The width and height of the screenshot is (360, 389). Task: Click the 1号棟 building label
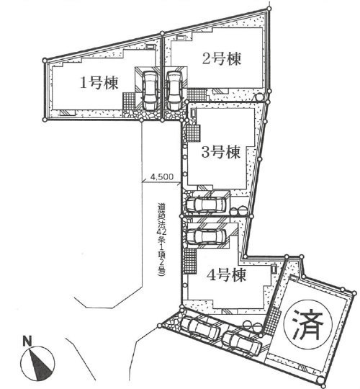[99, 83]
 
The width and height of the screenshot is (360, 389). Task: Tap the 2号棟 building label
[222, 58]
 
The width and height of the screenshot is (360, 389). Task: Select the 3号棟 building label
[221, 152]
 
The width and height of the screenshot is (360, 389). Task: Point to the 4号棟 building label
[227, 275]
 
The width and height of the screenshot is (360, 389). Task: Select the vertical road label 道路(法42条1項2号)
[162, 240]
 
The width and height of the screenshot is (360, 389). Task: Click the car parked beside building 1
[150, 91]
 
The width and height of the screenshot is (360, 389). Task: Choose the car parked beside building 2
[174, 91]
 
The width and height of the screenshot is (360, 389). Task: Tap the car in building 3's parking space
[206, 205]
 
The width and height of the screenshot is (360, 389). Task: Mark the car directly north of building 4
[206, 236]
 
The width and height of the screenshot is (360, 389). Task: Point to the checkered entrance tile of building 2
[197, 94]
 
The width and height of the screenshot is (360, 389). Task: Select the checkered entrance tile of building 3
[193, 133]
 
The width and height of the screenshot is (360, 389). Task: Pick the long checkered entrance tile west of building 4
[190, 261]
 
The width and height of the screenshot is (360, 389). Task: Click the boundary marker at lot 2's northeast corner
[269, 9]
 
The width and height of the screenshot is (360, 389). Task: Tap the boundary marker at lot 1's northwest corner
[45, 60]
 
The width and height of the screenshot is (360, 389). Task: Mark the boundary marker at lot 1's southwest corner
[45, 120]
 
